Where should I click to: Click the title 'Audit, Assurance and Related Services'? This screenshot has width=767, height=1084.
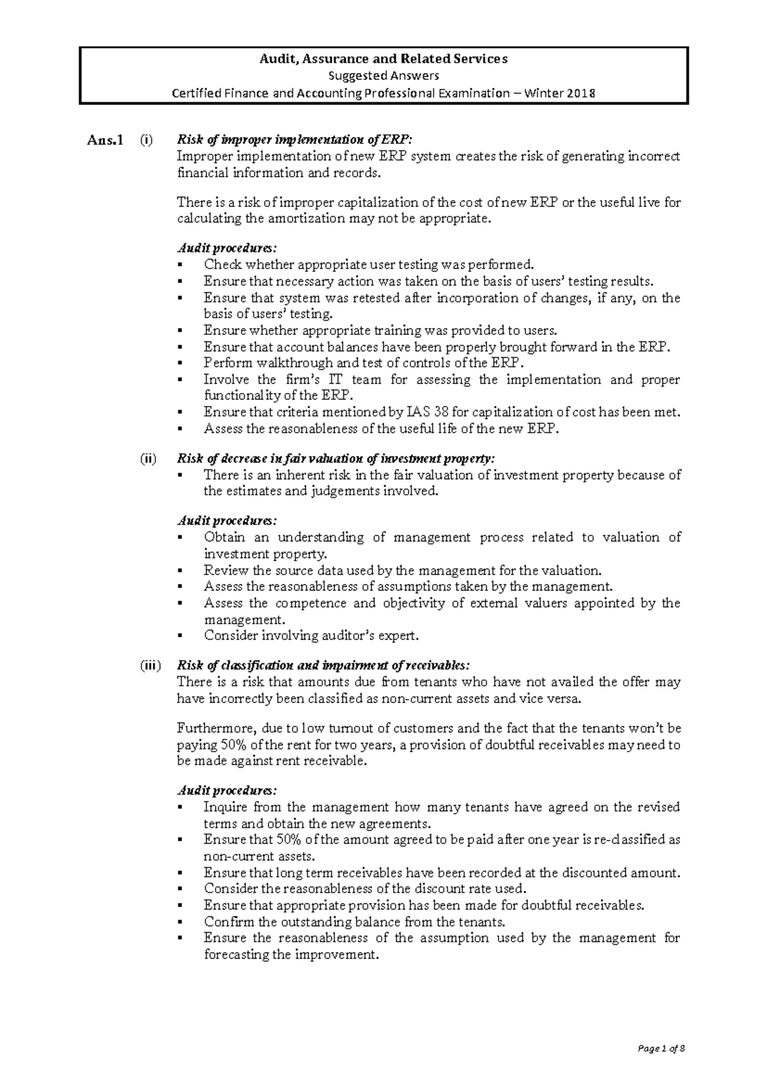383,59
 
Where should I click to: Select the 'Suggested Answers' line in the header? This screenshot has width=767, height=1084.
383,76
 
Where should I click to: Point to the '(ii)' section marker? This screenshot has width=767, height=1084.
148,458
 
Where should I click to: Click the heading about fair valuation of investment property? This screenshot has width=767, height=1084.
336,458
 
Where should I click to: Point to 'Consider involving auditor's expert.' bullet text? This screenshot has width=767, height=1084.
311,636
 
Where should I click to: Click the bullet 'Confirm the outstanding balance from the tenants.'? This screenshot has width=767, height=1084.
355,922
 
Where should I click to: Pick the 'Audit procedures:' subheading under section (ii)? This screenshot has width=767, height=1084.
227,521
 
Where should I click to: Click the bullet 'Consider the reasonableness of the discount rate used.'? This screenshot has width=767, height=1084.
365,888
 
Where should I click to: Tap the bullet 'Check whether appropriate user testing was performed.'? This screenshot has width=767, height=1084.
368,265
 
